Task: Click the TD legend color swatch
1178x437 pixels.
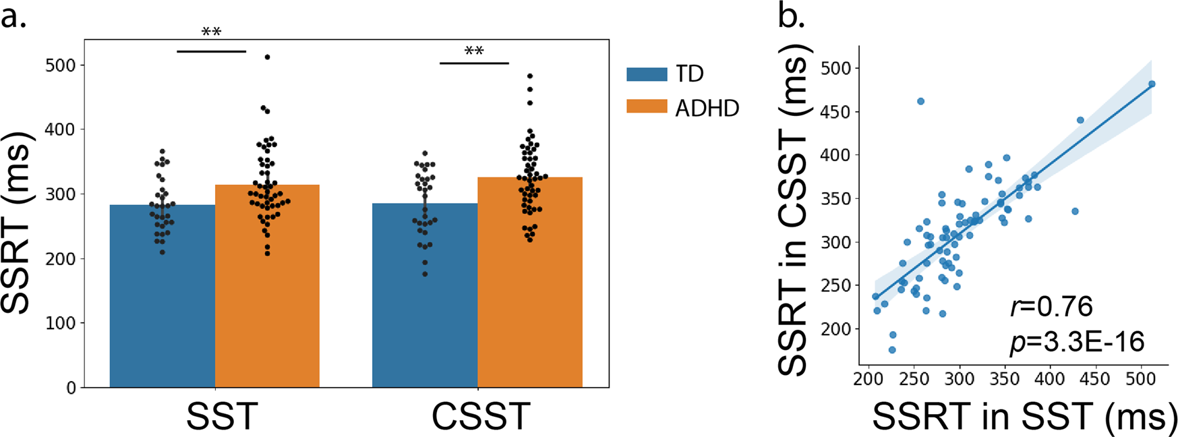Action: pyautogui.click(x=647, y=74)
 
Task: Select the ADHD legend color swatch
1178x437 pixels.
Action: pyautogui.click(x=647, y=107)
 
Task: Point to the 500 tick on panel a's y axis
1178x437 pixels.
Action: pyautogui.click(x=64, y=65)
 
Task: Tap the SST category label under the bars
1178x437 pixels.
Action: pyautogui.click(x=222, y=417)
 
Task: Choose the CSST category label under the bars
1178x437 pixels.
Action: pyautogui.click(x=480, y=417)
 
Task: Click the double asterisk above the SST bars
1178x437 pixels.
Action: pyautogui.click(x=212, y=32)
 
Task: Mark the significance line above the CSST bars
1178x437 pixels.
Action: pyautogui.click(x=474, y=63)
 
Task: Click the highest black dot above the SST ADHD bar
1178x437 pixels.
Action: pyautogui.click(x=268, y=57)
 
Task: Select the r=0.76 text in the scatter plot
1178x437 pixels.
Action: pyautogui.click(x=1051, y=307)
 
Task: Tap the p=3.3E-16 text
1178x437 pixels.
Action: pyautogui.click(x=1077, y=343)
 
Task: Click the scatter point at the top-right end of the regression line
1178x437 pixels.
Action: pyautogui.click(x=1152, y=84)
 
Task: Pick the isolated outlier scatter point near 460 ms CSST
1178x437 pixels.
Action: pyautogui.click(x=920, y=101)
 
